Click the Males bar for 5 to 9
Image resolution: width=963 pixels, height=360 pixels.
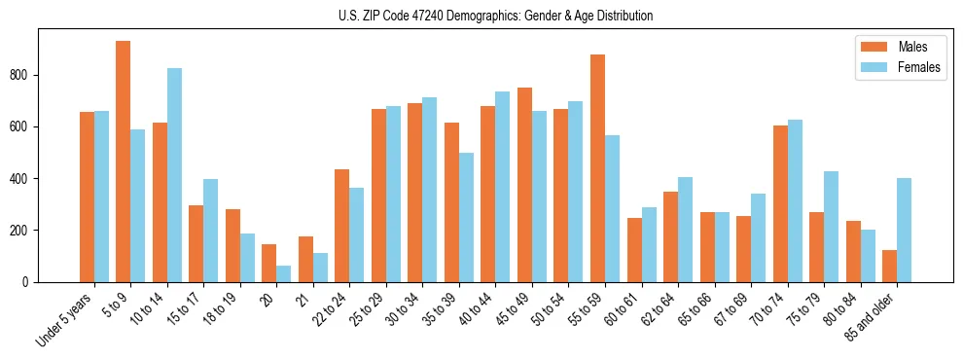[124, 162]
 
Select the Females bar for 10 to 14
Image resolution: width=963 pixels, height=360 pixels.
[174, 175]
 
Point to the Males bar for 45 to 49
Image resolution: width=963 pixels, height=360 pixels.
[524, 185]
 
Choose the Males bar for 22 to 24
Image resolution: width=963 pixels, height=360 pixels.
[342, 226]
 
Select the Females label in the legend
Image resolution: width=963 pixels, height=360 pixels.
[919, 67]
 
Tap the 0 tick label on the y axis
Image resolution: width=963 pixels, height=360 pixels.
[30, 282]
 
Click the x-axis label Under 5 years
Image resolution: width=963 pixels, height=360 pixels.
[66, 316]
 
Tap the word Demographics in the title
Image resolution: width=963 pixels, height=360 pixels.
[476, 16]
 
